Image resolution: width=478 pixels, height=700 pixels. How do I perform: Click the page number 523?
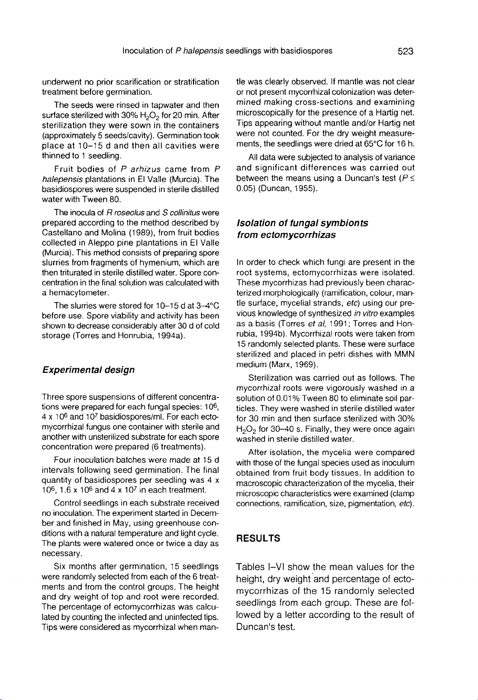click(405, 52)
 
